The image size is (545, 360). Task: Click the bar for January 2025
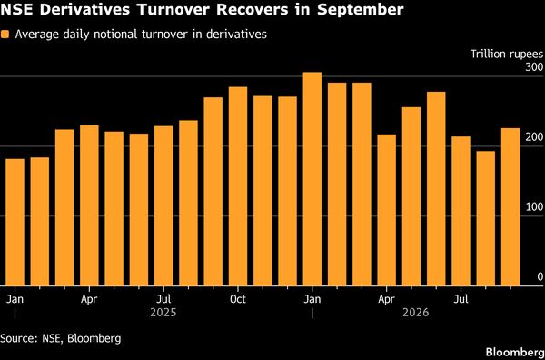[15, 222]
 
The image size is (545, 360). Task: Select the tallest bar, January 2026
[312, 179]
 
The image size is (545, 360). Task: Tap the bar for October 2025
[238, 186]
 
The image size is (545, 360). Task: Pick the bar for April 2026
[387, 210]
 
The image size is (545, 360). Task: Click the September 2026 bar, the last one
[510, 207]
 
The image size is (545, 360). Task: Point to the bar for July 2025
[163, 206]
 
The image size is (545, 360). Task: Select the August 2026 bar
[486, 218]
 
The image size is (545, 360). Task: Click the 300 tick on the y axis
[534, 67]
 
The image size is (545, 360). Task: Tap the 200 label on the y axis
[534, 137]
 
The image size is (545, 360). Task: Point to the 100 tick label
[534, 207]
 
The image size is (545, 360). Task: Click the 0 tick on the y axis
[540, 277]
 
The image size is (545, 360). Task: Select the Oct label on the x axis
[238, 299]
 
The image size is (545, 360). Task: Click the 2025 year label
[163, 313]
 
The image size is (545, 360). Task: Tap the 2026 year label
[416, 313]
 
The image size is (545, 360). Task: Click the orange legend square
[5, 35]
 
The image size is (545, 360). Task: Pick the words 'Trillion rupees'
[507, 55]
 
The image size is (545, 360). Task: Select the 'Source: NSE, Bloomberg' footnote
[61, 339]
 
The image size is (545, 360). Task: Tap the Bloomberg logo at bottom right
[515, 353]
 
